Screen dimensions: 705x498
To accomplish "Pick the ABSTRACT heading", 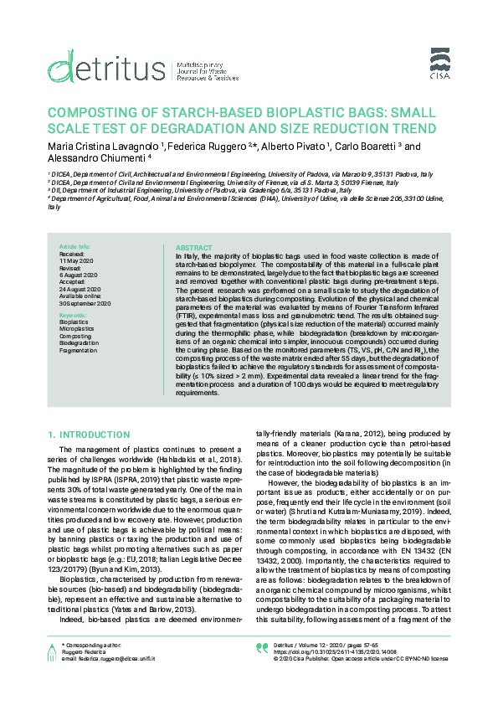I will (193, 248).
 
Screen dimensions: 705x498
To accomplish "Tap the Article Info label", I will (74, 248).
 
